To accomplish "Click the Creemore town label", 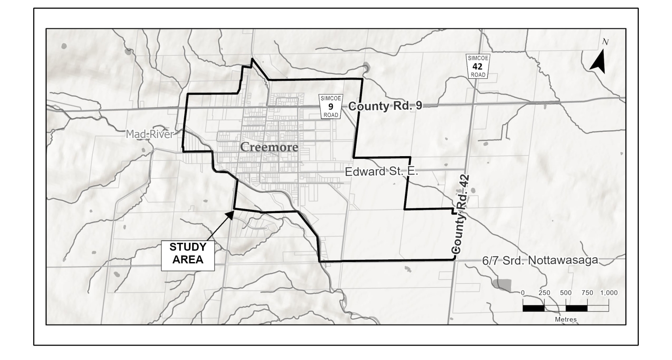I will tap(269, 147).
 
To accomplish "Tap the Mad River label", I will tap(150, 134).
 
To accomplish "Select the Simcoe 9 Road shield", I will tap(331, 106).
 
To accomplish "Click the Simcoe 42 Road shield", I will tap(478, 66).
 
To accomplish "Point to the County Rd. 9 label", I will tap(385, 106).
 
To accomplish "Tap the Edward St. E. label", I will tap(381, 171).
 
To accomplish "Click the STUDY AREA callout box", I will tap(188, 253).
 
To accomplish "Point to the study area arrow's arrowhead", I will tap(230, 213).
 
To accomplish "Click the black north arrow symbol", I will tap(598, 62).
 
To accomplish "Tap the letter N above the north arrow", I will tap(605, 42).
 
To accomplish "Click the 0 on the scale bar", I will tap(523, 293).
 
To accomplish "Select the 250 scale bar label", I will tap(544, 293).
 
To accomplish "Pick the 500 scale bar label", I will tap(566, 293).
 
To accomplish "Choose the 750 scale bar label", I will tap(587, 293).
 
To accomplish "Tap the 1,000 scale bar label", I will tap(609, 293).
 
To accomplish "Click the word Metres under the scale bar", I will tap(566, 319).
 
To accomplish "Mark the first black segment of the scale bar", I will tap(533, 308).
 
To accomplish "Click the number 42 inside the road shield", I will tap(478, 67).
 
